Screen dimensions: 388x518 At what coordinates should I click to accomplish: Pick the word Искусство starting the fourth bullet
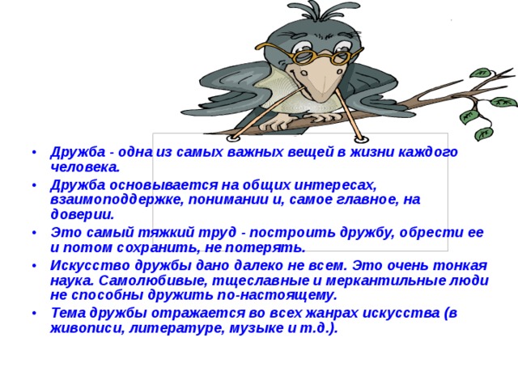(x=83, y=265)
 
